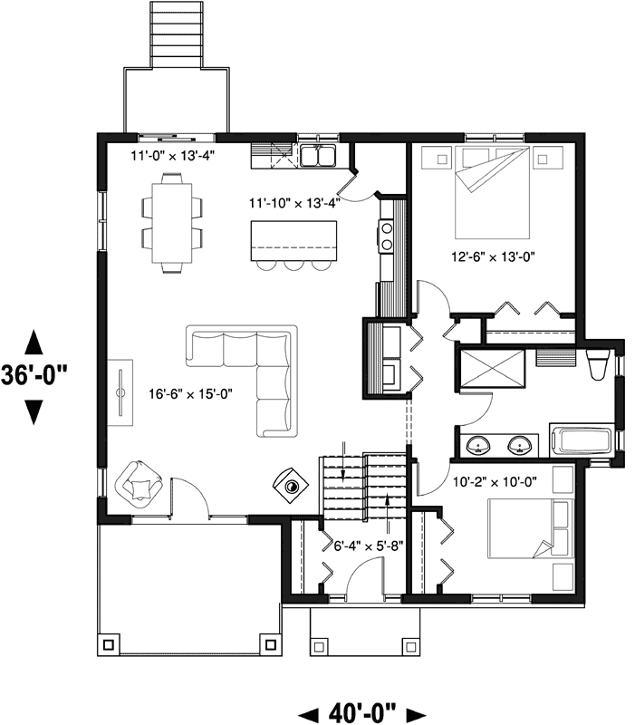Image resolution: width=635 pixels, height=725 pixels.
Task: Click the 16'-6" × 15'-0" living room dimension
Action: tap(190, 394)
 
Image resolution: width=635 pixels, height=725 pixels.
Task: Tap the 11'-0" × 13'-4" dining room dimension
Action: tap(172, 156)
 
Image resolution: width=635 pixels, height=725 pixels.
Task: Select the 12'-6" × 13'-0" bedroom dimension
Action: tap(493, 256)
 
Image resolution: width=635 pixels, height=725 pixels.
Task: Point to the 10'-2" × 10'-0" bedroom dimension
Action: tap(495, 482)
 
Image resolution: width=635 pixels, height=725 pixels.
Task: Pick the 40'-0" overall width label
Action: tap(362, 713)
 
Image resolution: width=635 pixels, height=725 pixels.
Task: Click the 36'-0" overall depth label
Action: tap(34, 375)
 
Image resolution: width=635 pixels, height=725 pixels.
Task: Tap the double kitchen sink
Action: tap(317, 155)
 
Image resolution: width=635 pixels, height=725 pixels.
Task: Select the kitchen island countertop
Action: tap(293, 241)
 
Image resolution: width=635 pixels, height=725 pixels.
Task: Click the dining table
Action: tap(171, 223)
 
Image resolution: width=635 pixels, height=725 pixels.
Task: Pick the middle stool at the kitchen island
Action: tap(293, 266)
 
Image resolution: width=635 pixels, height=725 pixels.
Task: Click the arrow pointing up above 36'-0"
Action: tap(34, 343)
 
